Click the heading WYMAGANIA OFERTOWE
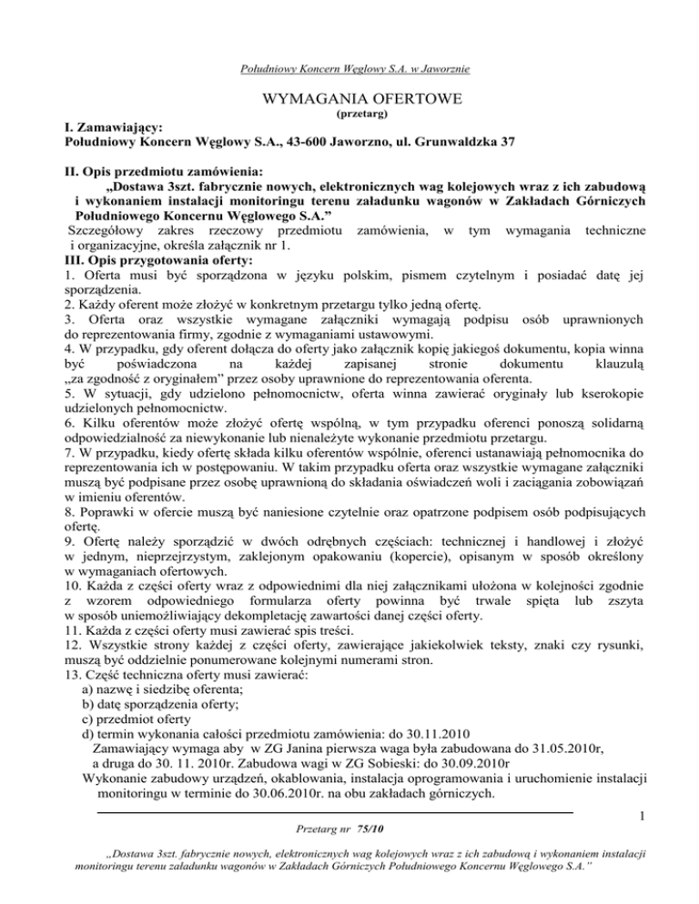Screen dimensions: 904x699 pos(350,98)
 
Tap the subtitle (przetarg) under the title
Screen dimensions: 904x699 pos(350,116)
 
